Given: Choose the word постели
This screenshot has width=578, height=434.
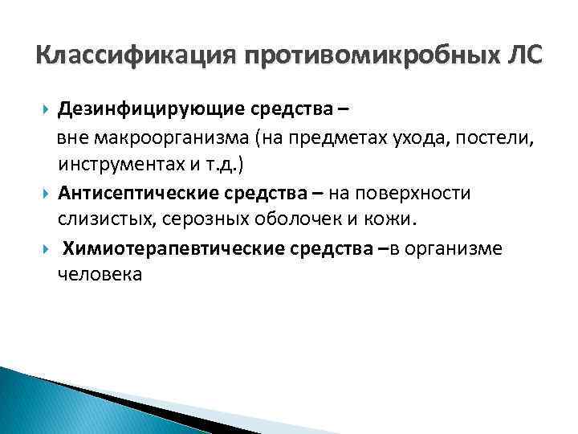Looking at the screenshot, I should [498, 137].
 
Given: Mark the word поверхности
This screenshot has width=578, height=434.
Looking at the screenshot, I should [438, 193].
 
